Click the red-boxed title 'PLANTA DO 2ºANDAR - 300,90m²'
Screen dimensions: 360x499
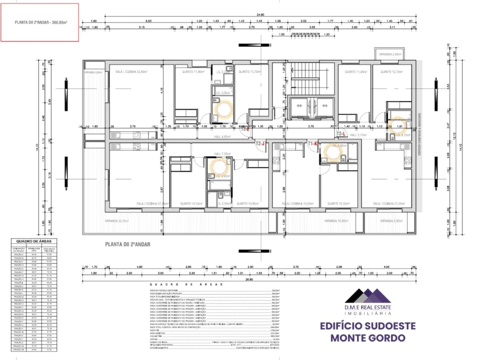(40, 22)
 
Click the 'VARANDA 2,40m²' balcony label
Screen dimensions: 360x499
(390, 54)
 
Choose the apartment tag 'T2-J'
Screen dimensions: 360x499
(260, 143)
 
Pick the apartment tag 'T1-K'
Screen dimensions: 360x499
(313, 143)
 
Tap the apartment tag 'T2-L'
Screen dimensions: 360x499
(342, 134)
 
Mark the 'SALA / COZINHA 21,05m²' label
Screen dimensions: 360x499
(391, 204)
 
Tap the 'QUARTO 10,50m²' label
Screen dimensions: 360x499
(338, 204)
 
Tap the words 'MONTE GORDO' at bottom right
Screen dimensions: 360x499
(368, 337)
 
